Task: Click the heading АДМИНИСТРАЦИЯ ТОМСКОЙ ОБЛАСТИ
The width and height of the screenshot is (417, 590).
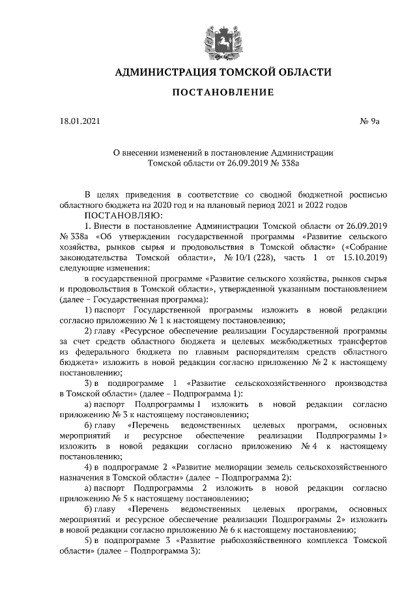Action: click(223, 72)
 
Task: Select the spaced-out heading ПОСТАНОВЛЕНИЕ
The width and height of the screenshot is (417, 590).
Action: click(223, 93)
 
